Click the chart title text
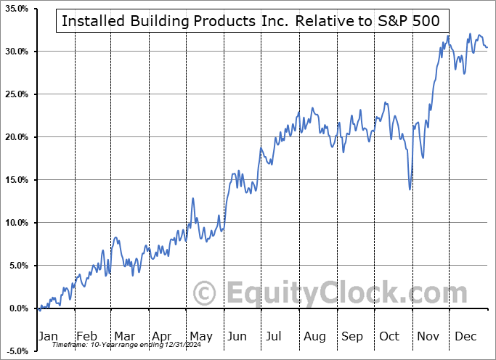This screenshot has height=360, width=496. pyautogui.click(x=251, y=21)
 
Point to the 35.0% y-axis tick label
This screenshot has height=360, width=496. pyautogui.click(x=15, y=9)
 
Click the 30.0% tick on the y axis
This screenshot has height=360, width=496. pyautogui.click(x=15, y=52)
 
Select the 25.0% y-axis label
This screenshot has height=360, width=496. pyautogui.click(x=15, y=94)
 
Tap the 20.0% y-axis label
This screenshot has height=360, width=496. pyautogui.click(x=15, y=137)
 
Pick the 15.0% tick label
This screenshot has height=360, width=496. pyautogui.click(x=15, y=180)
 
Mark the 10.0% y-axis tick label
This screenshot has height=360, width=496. pyautogui.click(x=15, y=223)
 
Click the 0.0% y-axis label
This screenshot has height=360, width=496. pyautogui.click(x=17, y=308)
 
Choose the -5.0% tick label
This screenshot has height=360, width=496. pyautogui.click(x=16, y=351)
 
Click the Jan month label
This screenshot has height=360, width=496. pyautogui.click(x=47, y=336)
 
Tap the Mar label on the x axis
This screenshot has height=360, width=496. pyautogui.click(x=124, y=336)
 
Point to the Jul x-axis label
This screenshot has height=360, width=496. pyautogui.click(x=275, y=336)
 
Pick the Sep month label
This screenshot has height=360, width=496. pyautogui.click(x=351, y=336)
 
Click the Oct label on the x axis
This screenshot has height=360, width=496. pyautogui.click(x=389, y=336)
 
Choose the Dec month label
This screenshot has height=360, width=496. pyautogui.click(x=465, y=336)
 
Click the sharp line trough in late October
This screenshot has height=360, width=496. pyautogui.click(x=410, y=189)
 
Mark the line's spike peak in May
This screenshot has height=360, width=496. pyautogui.click(x=193, y=198)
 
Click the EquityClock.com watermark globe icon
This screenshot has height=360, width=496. pyautogui.click(x=206, y=293)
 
